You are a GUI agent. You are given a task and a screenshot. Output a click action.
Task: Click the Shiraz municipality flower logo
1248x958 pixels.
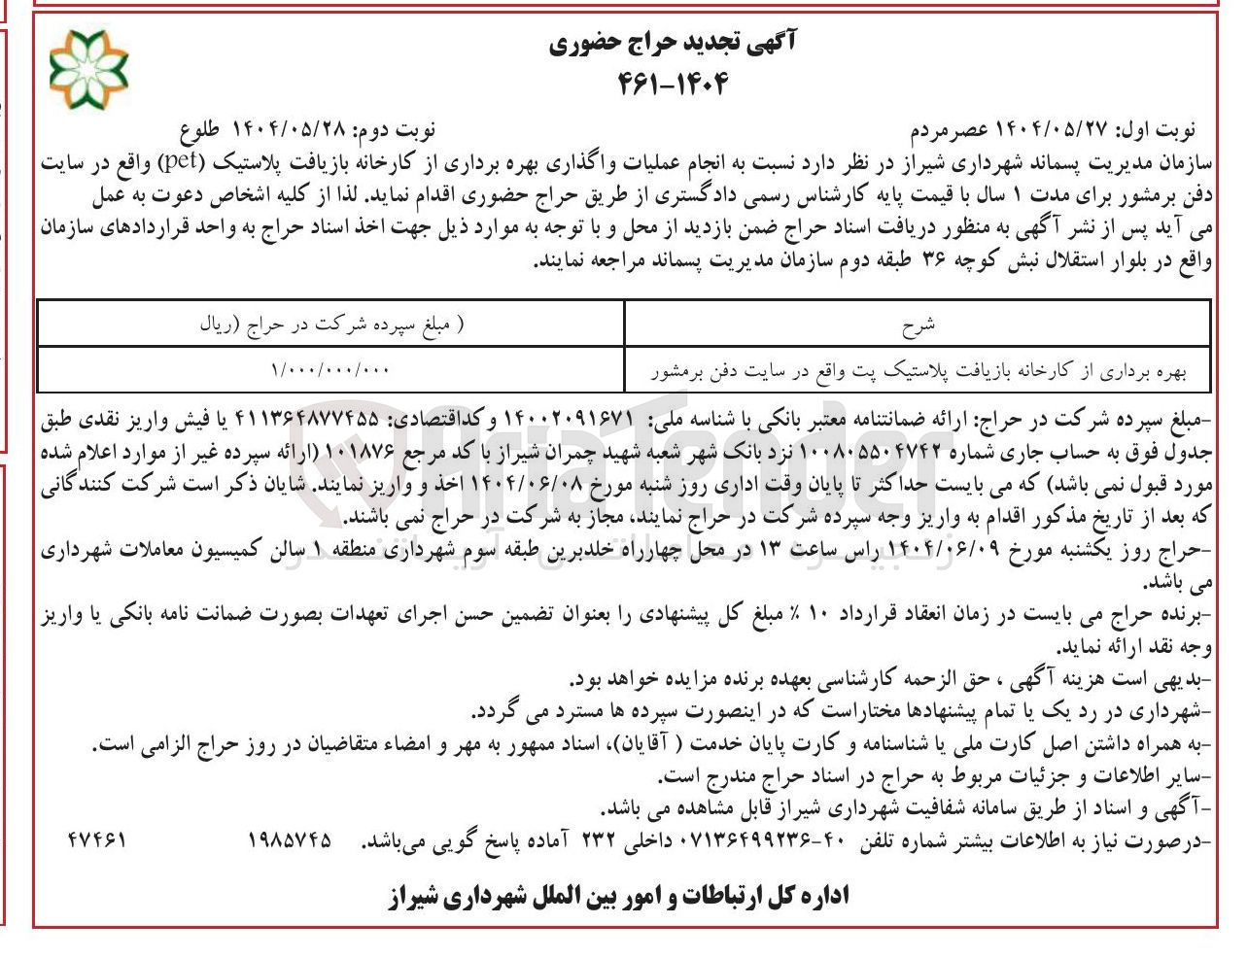pos(88,68)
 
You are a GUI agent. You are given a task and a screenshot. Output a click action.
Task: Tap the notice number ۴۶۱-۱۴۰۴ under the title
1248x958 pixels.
pos(673,84)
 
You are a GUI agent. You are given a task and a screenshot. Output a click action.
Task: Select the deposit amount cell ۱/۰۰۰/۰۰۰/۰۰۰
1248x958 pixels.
pos(330,370)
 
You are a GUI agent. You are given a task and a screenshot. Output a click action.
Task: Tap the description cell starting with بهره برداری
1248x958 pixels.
pos(917,370)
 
